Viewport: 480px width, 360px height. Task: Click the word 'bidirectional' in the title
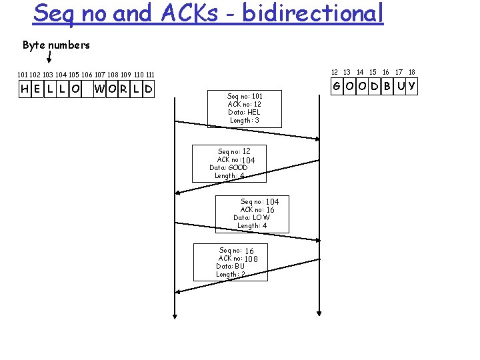click(x=313, y=13)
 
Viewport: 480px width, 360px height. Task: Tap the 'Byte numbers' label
click(x=56, y=45)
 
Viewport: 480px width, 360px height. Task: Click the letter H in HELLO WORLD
click(x=25, y=89)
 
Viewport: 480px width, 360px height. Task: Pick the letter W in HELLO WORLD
click(x=99, y=89)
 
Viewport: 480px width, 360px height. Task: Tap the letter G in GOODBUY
click(x=338, y=86)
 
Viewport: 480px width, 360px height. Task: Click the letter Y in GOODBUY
click(x=412, y=86)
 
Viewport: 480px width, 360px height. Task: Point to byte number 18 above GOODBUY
click(x=412, y=71)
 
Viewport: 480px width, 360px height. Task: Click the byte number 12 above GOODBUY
click(x=335, y=71)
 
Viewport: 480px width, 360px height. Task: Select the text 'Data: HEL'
click(x=244, y=112)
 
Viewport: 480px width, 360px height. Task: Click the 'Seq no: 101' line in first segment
click(x=245, y=96)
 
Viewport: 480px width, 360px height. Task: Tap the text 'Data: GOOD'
click(x=228, y=167)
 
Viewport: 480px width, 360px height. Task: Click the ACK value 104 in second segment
click(x=248, y=160)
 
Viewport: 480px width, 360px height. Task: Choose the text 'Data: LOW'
click(x=252, y=217)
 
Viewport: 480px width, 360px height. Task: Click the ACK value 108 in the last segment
click(x=251, y=259)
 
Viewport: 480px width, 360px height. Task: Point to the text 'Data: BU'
click(x=230, y=266)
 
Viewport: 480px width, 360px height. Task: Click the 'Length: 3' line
click(x=245, y=120)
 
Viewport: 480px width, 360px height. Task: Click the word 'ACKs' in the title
click(x=183, y=13)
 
